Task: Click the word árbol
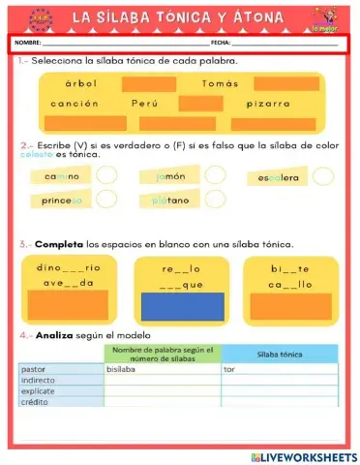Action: pyautogui.click(x=81, y=83)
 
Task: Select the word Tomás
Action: pyautogui.click(x=220, y=83)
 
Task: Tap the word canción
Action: pyautogui.click(x=75, y=104)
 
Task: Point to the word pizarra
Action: pyautogui.click(x=268, y=104)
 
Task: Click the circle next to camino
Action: pyautogui.click(x=107, y=175)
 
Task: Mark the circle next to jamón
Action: pyautogui.click(x=215, y=175)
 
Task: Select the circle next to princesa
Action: pyautogui.click(x=107, y=199)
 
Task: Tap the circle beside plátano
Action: pyautogui.click(x=215, y=199)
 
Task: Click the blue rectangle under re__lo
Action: pyautogui.click(x=182, y=306)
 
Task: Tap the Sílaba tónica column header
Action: pyautogui.click(x=280, y=355)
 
